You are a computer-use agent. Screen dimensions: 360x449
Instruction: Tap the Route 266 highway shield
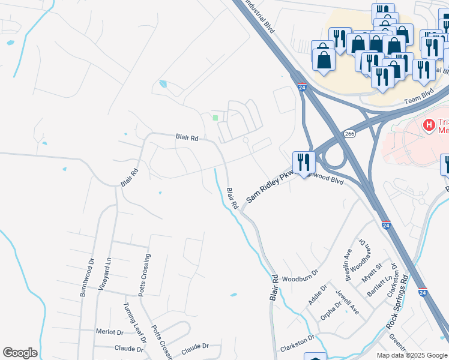349,134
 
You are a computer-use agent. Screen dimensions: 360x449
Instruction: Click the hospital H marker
429,125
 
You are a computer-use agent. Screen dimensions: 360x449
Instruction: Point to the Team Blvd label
418,101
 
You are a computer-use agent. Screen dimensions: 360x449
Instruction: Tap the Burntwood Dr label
83,277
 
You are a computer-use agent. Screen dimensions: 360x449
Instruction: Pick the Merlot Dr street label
109,331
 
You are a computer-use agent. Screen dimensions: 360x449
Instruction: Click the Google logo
20,353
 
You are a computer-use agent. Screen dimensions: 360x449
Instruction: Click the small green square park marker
215,117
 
